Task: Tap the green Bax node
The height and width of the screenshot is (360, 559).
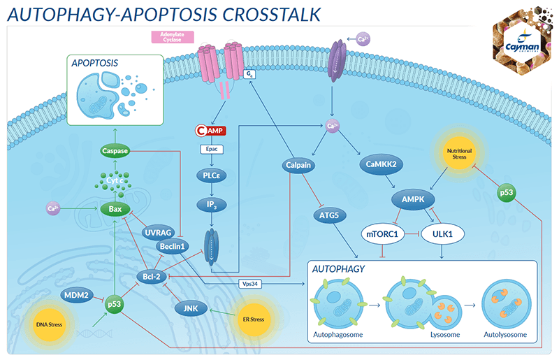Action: pyautogui.click(x=116, y=208)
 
